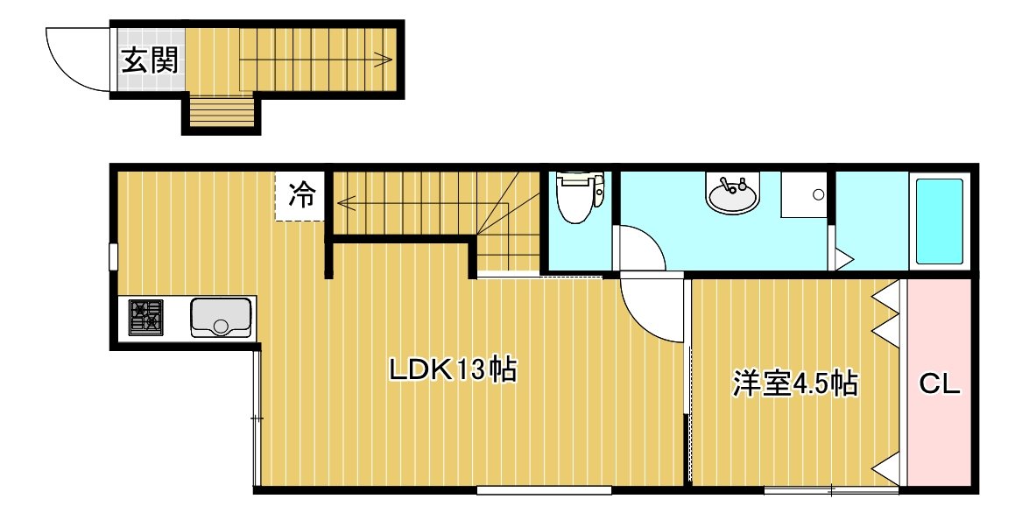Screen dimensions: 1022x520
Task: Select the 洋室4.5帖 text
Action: (x=795, y=383)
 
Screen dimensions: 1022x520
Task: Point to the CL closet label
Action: (x=940, y=385)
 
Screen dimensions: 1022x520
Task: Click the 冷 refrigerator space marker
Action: (x=301, y=195)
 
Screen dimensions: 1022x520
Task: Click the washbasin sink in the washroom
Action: (x=733, y=193)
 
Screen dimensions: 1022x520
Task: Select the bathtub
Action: (x=939, y=221)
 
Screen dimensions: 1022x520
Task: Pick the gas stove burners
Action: (x=146, y=317)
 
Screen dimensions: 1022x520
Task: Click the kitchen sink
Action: (x=221, y=318)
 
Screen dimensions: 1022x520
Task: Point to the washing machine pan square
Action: (x=804, y=194)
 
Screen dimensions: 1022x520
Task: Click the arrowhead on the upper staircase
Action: (x=384, y=60)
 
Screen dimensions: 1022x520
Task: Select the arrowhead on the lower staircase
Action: (x=345, y=203)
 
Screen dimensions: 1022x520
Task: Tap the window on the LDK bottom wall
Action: (x=544, y=490)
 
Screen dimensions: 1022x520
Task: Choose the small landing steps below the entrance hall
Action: (x=222, y=111)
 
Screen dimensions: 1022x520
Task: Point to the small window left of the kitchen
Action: (x=113, y=256)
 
